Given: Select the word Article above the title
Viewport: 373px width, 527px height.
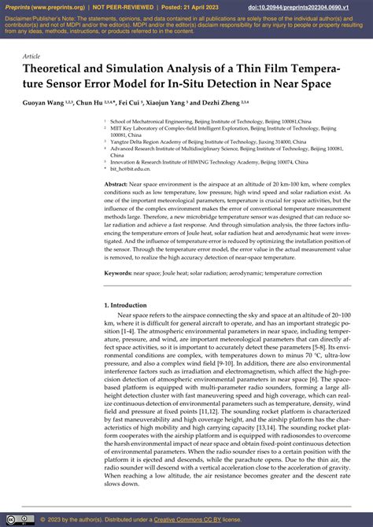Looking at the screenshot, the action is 31,57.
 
